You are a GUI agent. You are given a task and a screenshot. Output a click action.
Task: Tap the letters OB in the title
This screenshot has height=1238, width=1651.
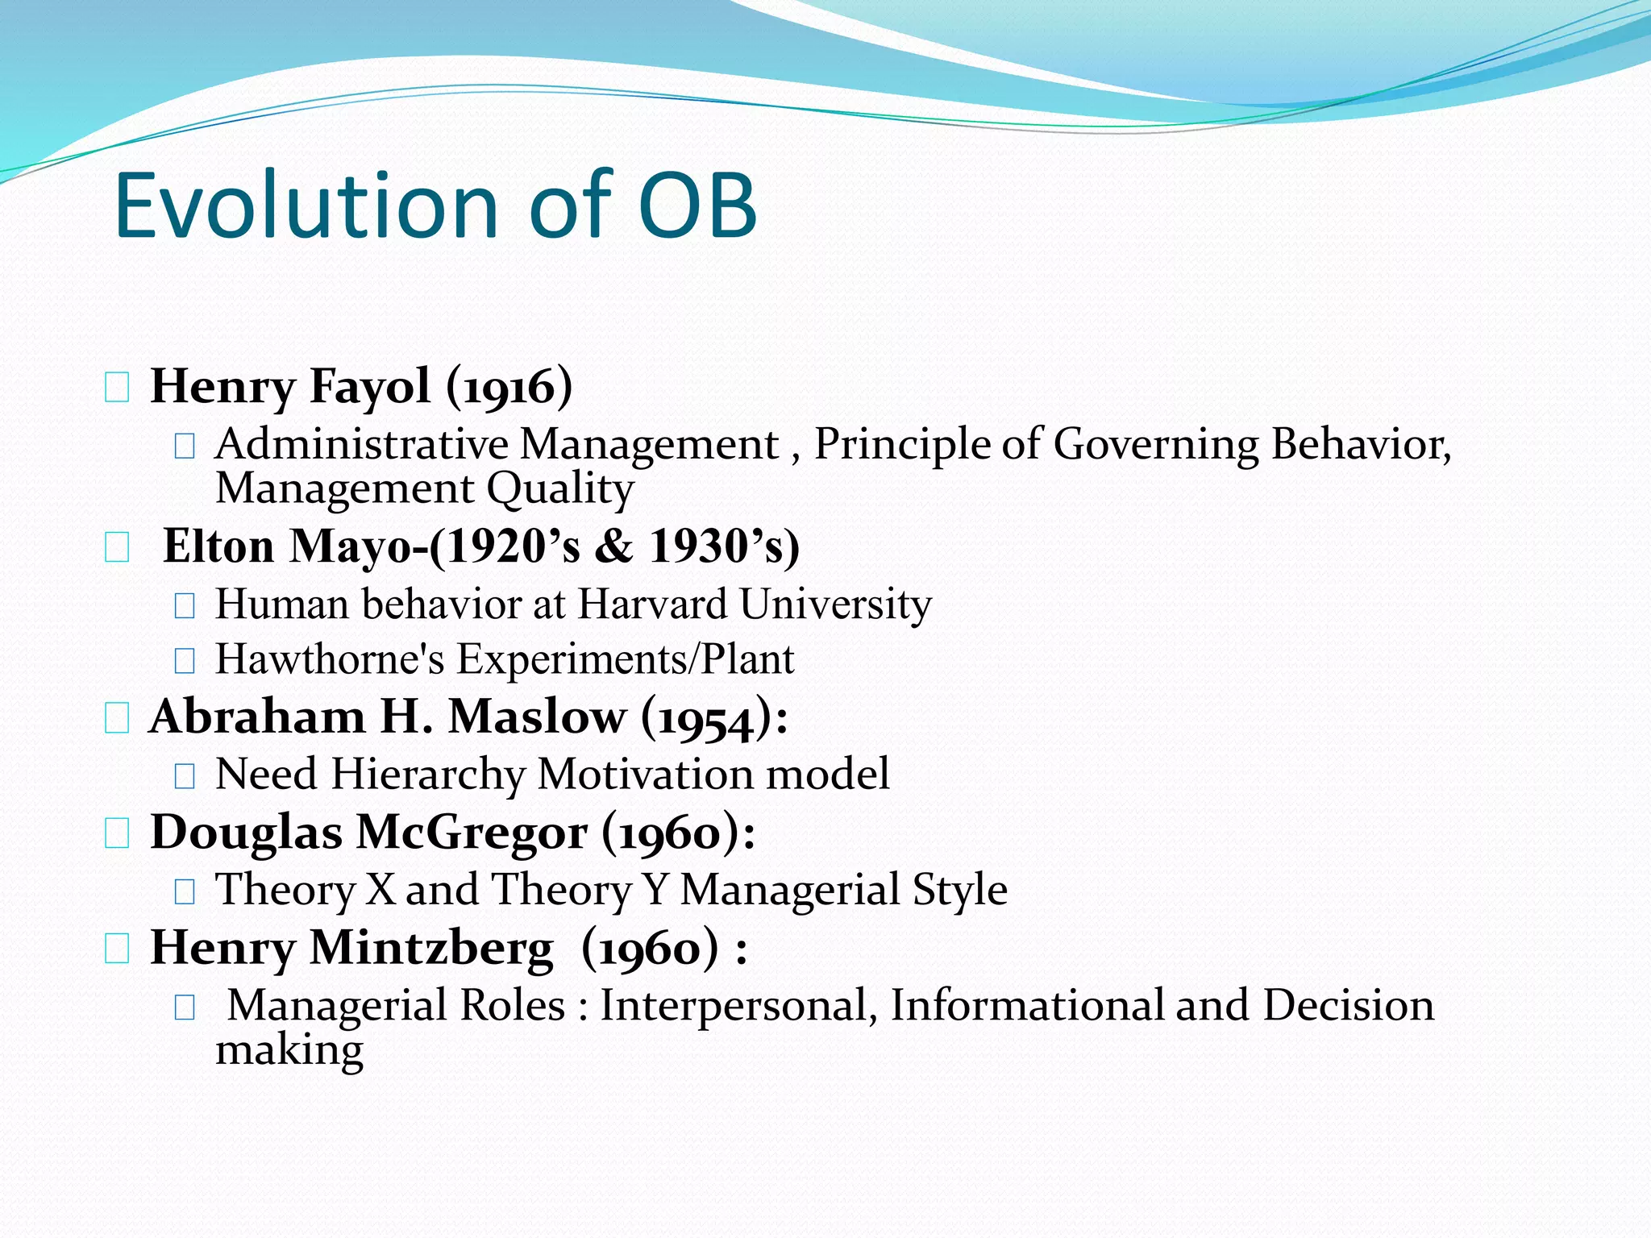point(697,206)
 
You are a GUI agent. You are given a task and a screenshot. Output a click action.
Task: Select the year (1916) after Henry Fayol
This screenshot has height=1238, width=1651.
point(509,386)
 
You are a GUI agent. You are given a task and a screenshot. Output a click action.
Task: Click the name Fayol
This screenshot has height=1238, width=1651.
point(370,386)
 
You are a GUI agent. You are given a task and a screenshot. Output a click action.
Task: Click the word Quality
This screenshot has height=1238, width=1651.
point(560,488)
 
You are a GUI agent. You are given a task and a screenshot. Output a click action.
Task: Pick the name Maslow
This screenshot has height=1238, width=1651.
point(537,717)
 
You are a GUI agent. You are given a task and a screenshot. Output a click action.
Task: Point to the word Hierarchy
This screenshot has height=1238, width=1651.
point(427,774)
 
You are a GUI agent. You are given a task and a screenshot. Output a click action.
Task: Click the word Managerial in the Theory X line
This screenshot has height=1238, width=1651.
point(789,889)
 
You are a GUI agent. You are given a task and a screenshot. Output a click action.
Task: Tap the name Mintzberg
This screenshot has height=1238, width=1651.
point(432,947)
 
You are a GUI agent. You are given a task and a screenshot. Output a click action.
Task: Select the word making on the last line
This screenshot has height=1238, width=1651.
point(289,1049)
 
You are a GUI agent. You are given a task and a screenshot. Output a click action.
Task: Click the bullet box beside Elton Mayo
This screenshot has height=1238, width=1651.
point(117,548)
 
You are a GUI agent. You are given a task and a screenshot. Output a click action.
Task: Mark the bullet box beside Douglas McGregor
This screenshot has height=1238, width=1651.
point(117,833)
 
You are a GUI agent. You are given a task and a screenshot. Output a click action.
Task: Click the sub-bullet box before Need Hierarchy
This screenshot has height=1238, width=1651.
point(185,775)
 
